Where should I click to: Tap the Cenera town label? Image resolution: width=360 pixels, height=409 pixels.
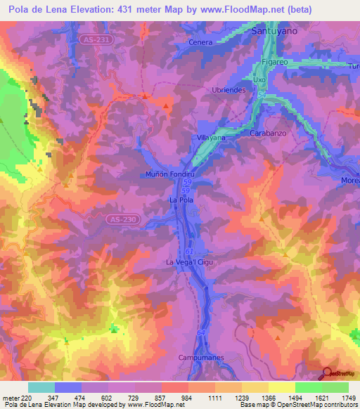(200, 42)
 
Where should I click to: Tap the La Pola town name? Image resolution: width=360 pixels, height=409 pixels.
(181, 200)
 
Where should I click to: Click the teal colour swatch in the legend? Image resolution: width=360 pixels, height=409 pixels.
(41, 387)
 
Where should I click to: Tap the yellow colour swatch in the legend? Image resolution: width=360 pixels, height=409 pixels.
(282, 387)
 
